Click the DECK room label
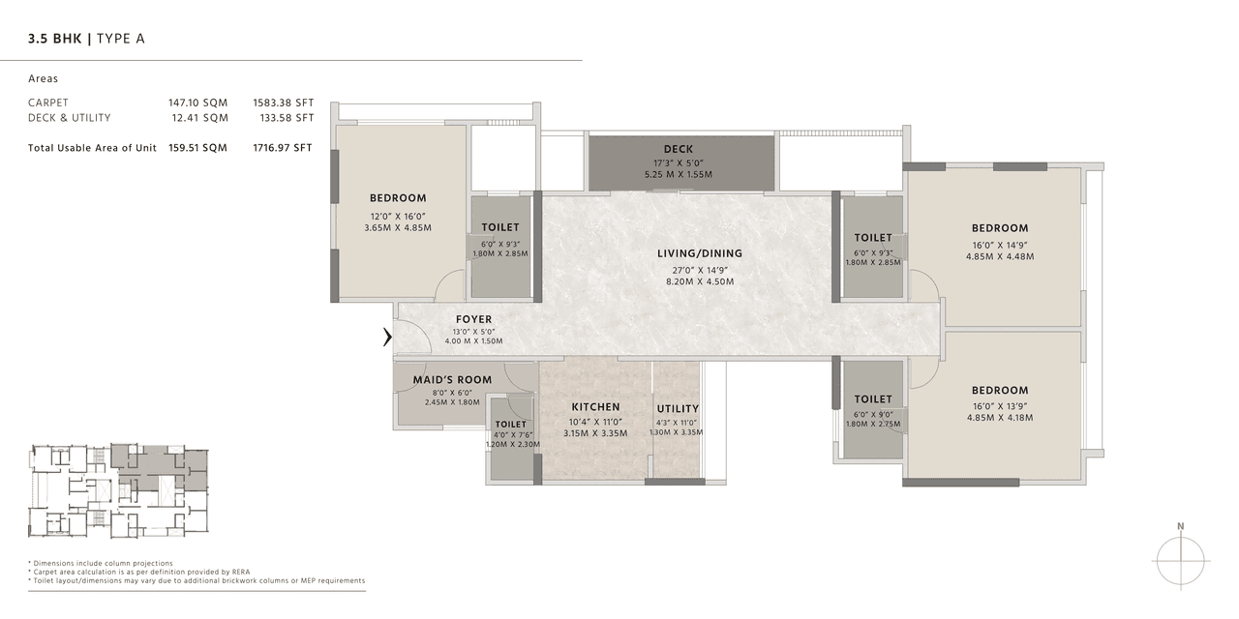coord(679,149)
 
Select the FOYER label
coord(473,319)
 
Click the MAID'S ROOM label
coord(452,380)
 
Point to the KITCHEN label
coord(595,407)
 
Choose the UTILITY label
coord(677,409)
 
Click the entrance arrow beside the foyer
coord(387,338)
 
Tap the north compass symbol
coord(1181,559)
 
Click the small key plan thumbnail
coord(118,490)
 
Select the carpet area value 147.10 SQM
coord(198,103)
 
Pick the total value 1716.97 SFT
coord(284,148)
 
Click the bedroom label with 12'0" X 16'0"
coord(398,198)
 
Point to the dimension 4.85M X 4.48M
coord(1000,257)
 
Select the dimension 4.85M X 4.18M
coord(1000,418)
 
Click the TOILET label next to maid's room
coord(510,425)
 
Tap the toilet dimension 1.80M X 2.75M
coord(873,423)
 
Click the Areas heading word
coord(44,79)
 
